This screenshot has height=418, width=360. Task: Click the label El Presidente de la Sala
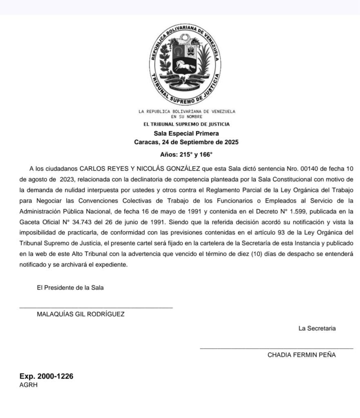(70, 287)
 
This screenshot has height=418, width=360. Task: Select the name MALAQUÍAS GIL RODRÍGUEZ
(80, 314)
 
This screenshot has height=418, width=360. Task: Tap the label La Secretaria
(318, 328)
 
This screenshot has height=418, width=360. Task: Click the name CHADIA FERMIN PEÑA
(302, 355)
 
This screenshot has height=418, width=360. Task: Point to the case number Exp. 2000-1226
(46, 376)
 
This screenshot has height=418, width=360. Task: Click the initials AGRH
(29, 385)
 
